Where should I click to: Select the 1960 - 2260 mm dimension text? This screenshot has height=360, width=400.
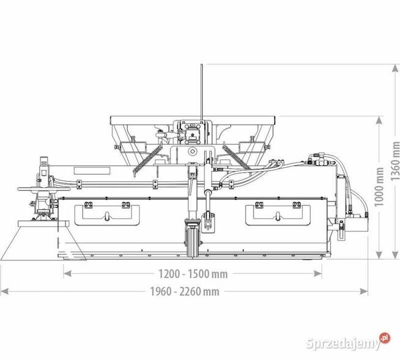(184, 292)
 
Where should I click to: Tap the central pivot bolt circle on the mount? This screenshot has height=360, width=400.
(192, 150)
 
